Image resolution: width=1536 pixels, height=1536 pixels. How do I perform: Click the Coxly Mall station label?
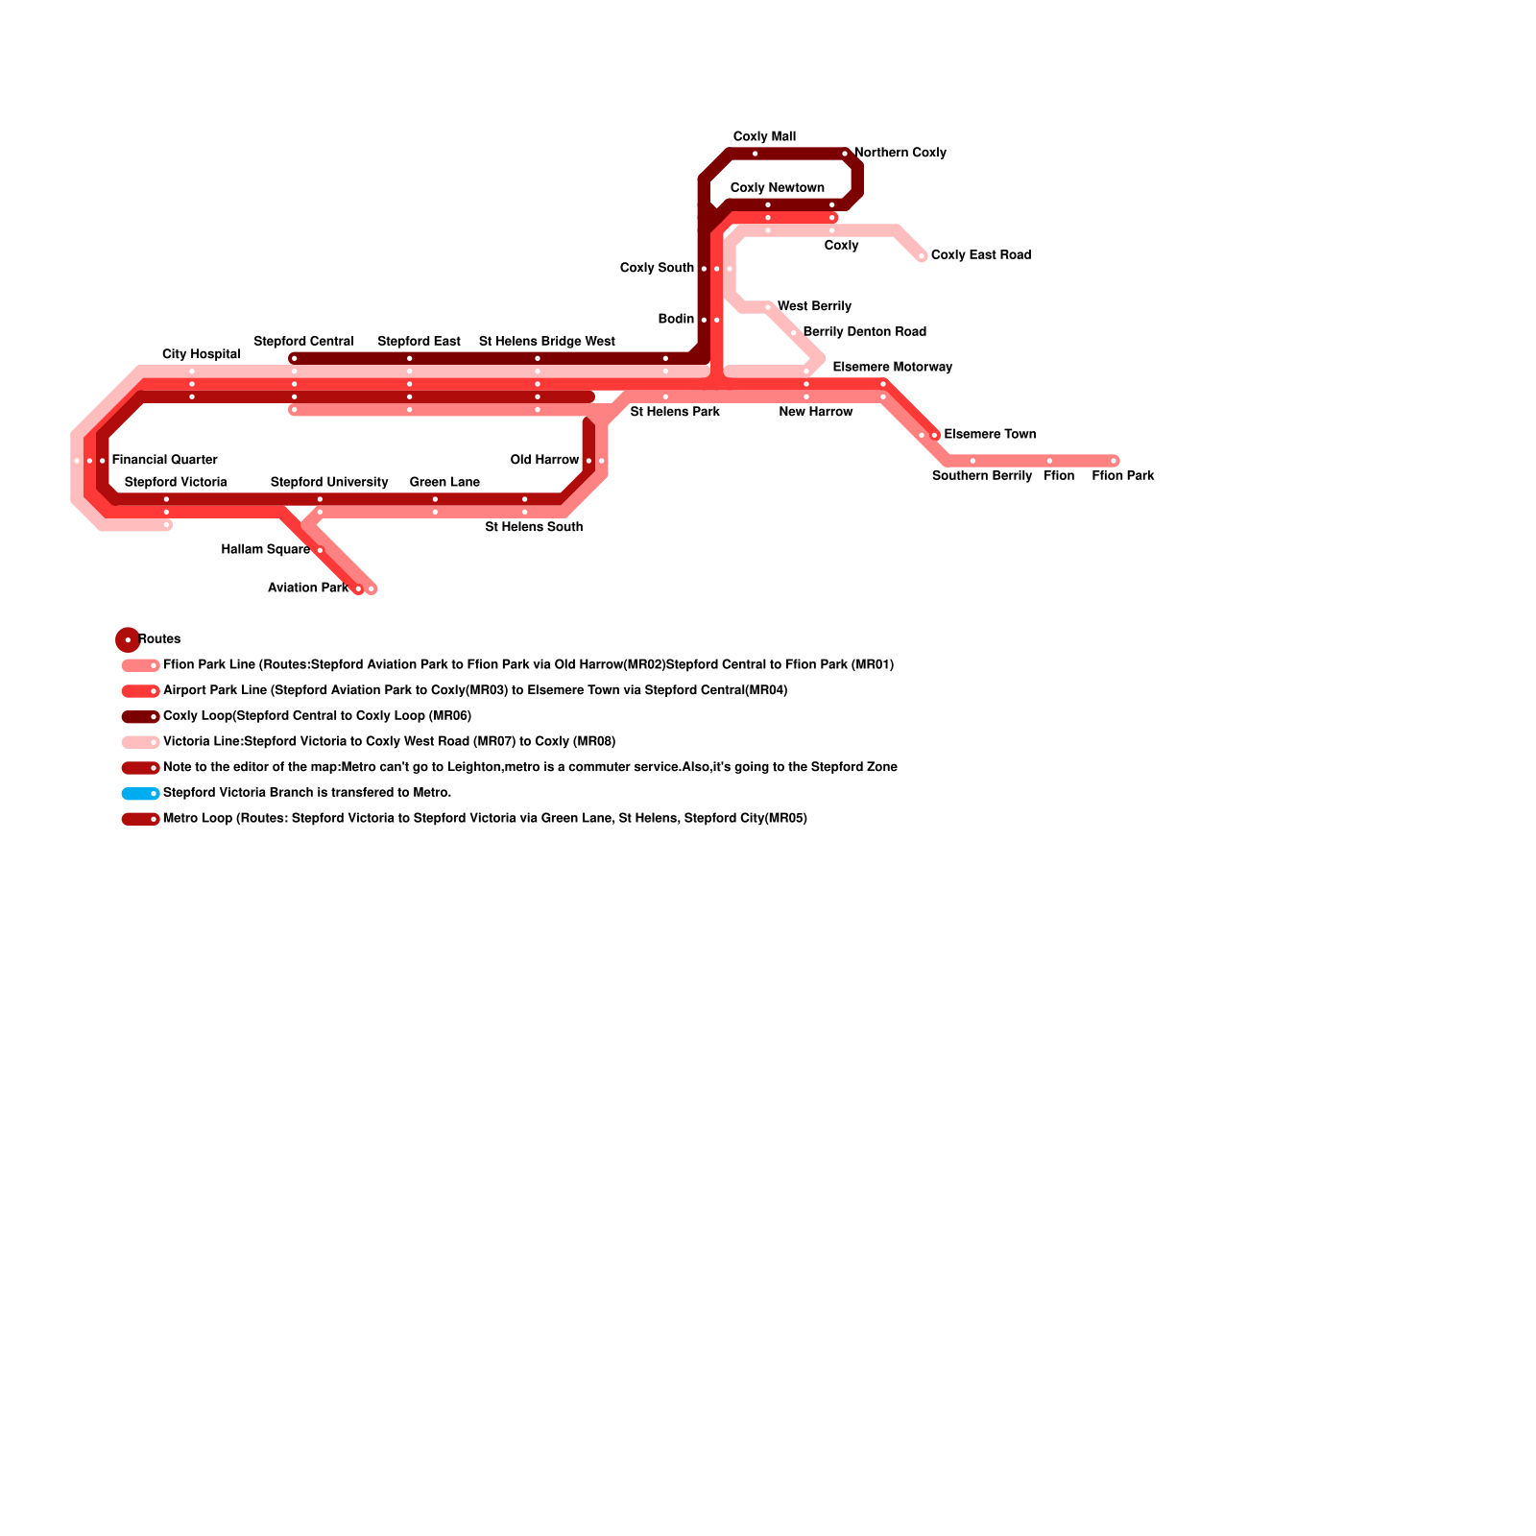click(x=764, y=137)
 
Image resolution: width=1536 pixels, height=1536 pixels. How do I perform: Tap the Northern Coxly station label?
click(x=900, y=153)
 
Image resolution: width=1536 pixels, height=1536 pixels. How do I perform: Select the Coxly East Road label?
click(x=980, y=255)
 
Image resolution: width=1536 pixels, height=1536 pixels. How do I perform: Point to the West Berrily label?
click(x=814, y=307)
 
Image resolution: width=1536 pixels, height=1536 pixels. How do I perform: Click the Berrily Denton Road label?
click(x=864, y=332)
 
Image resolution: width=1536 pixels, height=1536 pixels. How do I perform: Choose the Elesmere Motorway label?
click(x=892, y=368)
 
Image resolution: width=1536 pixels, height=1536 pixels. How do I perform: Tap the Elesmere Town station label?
click(x=990, y=435)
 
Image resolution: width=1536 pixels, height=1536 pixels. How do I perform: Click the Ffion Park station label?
click(x=1122, y=476)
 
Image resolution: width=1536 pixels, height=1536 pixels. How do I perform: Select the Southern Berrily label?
click(x=981, y=476)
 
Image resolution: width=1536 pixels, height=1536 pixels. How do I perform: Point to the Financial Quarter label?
click(x=164, y=461)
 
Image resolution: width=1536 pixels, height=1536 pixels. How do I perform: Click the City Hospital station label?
click(x=201, y=355)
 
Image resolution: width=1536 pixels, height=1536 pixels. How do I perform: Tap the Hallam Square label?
click(x=265, y=550)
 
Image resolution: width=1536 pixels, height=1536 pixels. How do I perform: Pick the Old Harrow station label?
click(x=544, y=461)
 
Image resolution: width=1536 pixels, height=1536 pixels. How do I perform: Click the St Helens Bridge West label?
click(x=546, y=342)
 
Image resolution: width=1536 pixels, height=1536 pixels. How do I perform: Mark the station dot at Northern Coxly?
click(x=845, y=154)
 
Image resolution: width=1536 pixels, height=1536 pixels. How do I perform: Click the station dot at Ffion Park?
click(x=1114, y=461)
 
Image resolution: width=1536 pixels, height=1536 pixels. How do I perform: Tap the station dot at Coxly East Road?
click(x=922, y=256)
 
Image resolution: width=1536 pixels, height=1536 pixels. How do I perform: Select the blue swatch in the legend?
click(x=140, y=794)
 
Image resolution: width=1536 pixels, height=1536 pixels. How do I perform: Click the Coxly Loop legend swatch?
click(x=140, y=717)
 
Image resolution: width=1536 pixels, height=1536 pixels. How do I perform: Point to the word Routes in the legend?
click(x=159, y=639)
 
